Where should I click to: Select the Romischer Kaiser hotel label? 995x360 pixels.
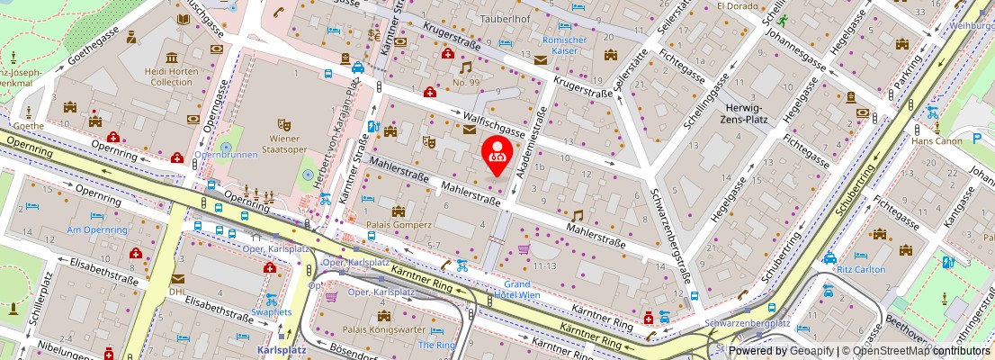pyautogui.click(x=564, y=45)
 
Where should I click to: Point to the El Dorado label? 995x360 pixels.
pyautogui.click(x=739, y=5)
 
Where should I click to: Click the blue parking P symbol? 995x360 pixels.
pyautogui.click(x=977, y=139)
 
